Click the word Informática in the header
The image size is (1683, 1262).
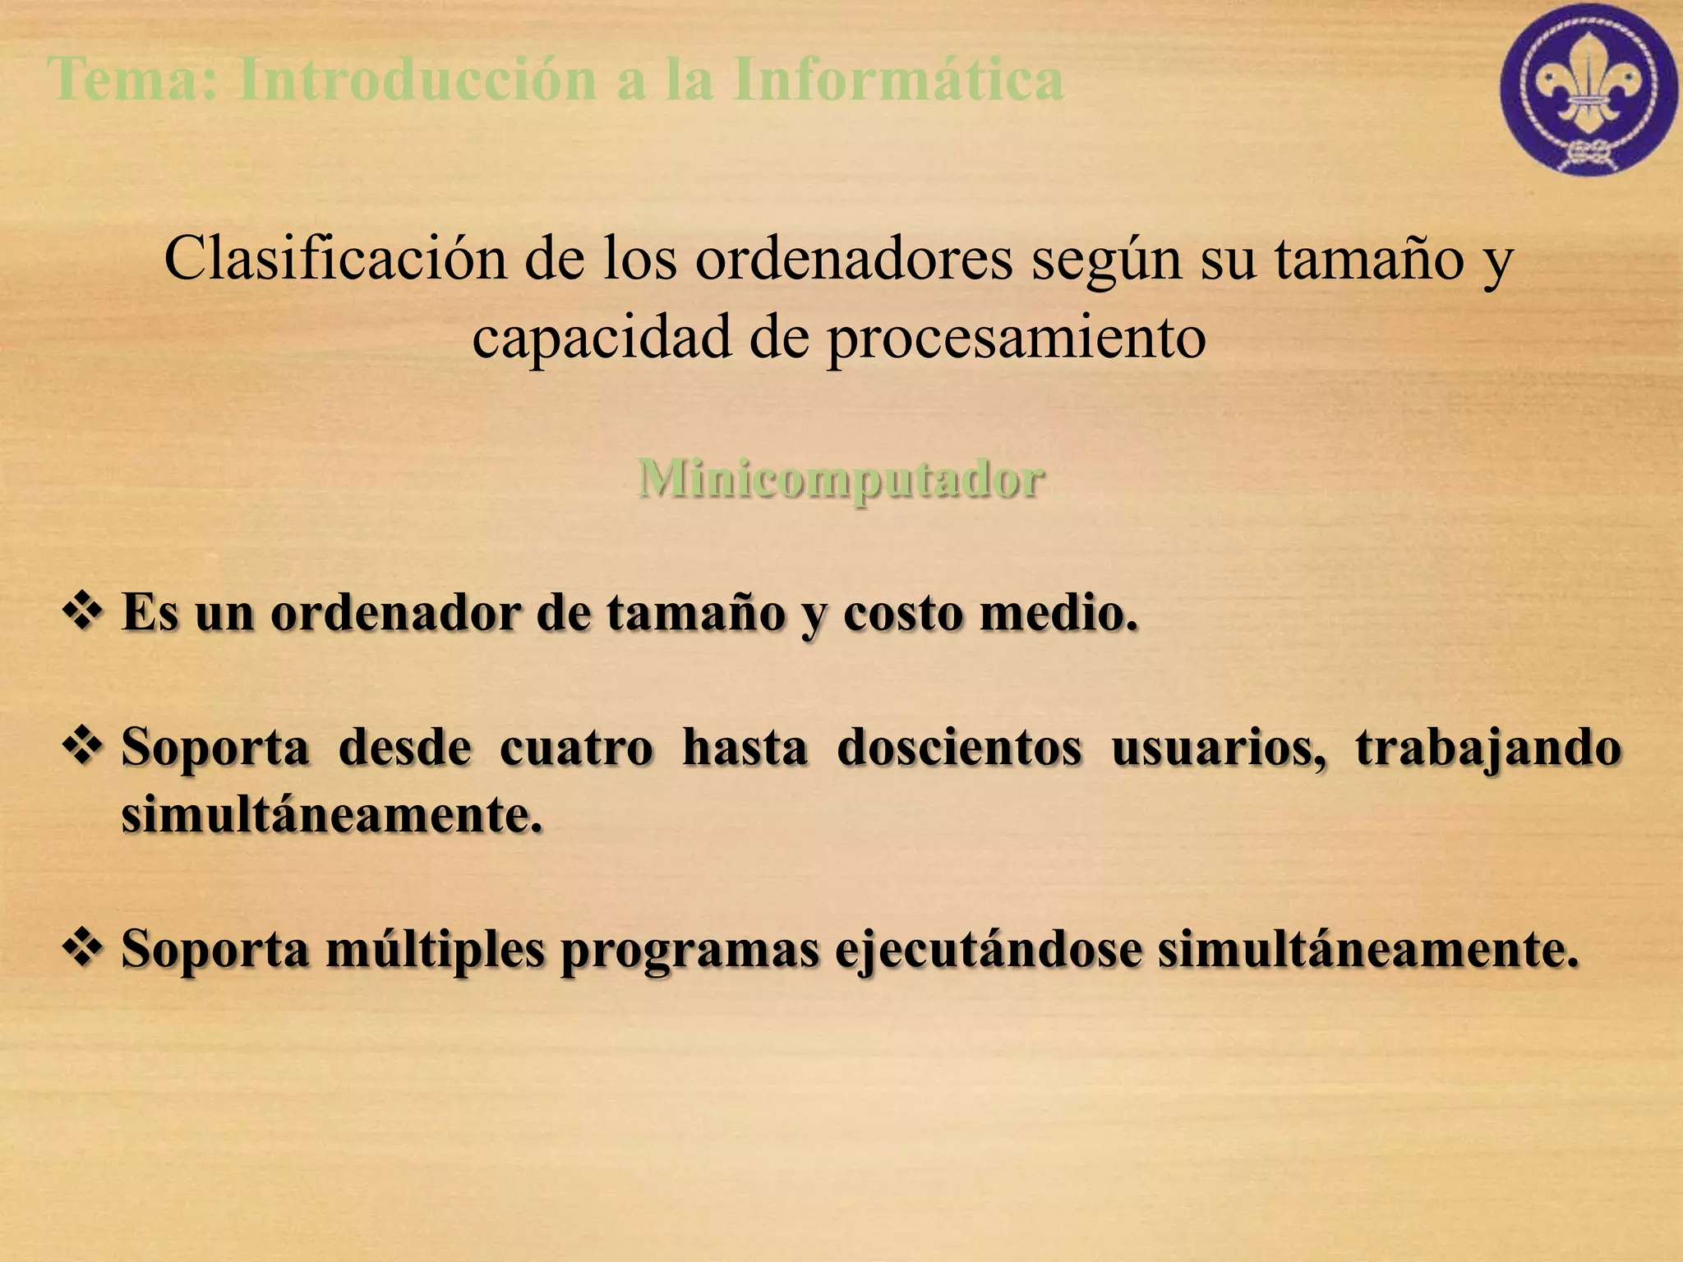[x=898, y=80]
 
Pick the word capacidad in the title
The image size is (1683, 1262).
[x=601, y=339]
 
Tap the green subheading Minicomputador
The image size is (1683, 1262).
[x=840, y=478]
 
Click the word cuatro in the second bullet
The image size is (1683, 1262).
[x=576, y=748]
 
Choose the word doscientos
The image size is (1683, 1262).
[x=959, y=748]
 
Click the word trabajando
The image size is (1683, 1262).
[x=1488, y=749]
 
